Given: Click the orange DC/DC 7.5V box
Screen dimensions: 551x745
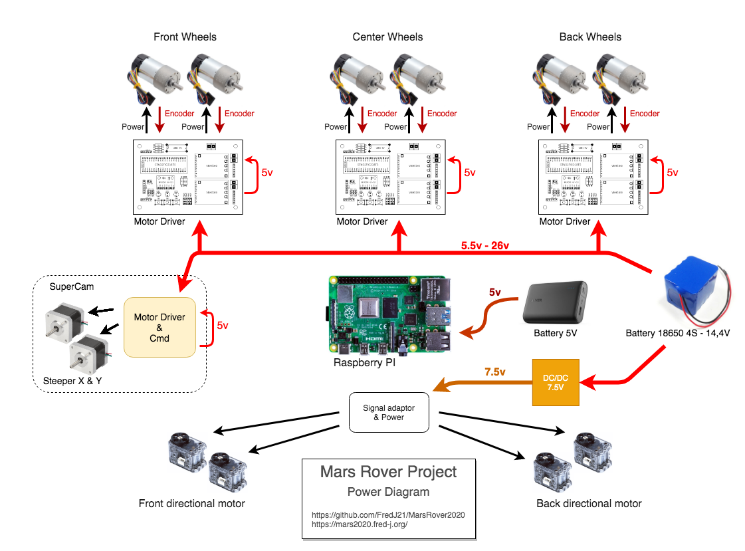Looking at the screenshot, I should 556,382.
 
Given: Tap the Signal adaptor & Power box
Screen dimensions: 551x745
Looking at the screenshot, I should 389,412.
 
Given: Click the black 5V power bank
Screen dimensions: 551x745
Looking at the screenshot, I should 556,302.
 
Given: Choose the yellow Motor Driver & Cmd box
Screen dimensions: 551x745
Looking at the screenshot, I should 160,327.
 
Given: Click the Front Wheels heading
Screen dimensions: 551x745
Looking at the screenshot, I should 185,37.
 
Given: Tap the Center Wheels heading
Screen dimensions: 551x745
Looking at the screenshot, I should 387,37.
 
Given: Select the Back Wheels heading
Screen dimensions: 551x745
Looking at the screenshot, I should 590,37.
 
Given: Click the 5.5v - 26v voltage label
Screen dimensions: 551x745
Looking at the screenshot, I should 485,246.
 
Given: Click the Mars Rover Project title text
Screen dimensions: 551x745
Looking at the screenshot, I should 389,472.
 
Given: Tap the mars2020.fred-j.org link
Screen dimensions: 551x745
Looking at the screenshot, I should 359,524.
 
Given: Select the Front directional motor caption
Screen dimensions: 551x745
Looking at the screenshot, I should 191,504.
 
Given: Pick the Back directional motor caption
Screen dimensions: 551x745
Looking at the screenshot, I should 589,504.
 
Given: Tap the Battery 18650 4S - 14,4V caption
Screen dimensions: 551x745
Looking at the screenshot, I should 678,333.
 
